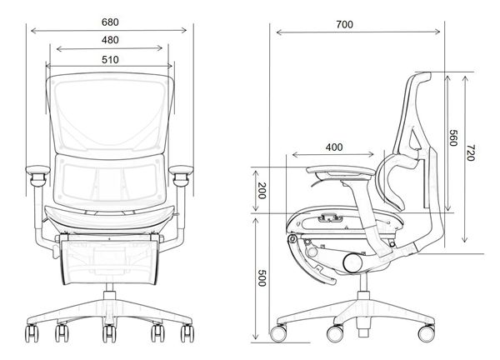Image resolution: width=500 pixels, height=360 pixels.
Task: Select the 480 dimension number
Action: point(109,40)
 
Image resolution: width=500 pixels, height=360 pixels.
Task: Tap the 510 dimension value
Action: point(109,59)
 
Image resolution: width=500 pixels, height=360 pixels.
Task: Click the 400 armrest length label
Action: point(333,147)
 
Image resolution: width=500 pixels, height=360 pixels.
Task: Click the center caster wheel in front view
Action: point(108,335)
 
